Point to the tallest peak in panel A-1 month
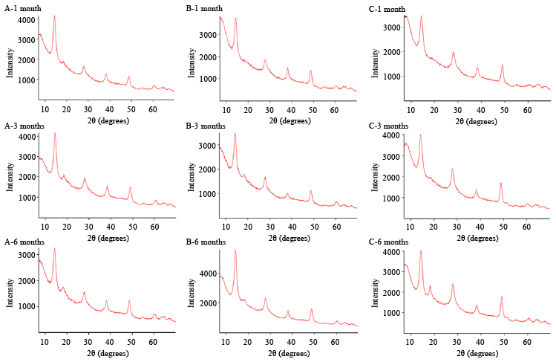coord(54,16)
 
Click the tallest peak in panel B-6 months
coord(235,250)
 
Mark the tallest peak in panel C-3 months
coord(421,135)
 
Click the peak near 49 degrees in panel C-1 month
coord(503,65)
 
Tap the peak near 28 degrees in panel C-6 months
coord(453,283)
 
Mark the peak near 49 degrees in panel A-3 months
coord(130,187)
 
